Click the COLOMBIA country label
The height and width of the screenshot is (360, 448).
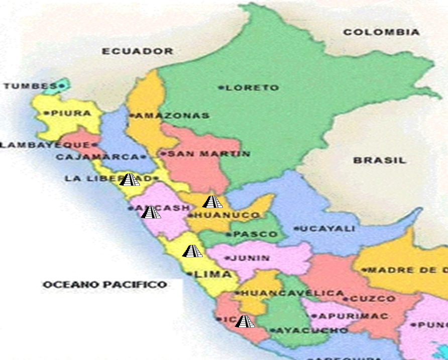coord(381,32)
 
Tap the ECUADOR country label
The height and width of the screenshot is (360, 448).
coord(138,51)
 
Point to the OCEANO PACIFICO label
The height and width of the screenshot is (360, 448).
coord(104,285)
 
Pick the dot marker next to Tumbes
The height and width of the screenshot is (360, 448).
coord(61,86)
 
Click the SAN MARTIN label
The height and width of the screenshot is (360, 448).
coord(208,154)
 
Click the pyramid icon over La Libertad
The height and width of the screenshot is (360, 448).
coord(129,179)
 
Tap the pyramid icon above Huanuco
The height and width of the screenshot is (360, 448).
coord(211,202)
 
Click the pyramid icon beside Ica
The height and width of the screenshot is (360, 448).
coord(245,321)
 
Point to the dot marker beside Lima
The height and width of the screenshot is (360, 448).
coord(189,274)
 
